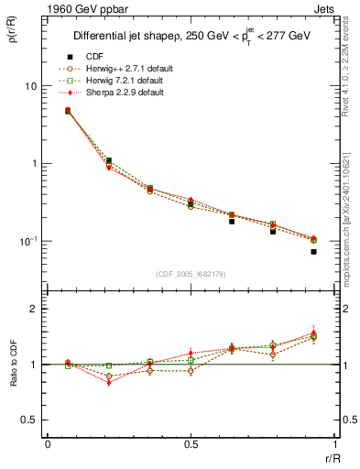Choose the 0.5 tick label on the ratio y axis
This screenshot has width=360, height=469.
click(29, 420)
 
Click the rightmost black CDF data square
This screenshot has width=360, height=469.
click(313, 251)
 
